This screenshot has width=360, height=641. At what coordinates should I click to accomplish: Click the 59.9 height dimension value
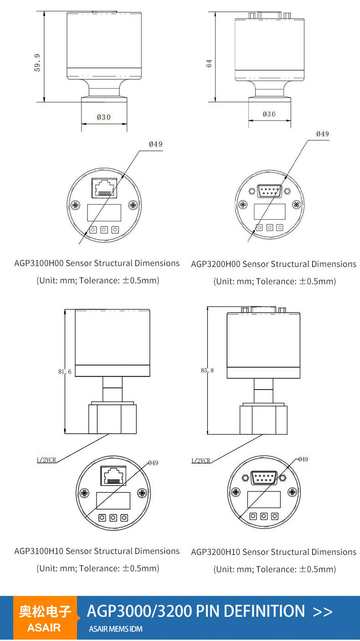click(x=37, y=63)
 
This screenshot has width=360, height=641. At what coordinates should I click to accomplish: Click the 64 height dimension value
click(x=209, y=63)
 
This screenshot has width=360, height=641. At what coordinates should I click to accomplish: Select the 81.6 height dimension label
click(x=65, y=372)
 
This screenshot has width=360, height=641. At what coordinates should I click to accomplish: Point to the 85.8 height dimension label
click(x=207, y=370)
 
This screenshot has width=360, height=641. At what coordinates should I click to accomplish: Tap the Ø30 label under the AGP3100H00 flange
click(x=103, y=118)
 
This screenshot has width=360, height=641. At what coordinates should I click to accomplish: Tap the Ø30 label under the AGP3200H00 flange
click(x=269, y=114)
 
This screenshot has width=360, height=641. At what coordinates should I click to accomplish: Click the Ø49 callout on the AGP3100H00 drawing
click(x=156, y=144)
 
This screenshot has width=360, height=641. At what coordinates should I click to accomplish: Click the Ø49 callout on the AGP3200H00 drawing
click(x=323, y=134)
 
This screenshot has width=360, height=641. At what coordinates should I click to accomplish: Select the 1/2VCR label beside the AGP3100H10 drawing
click(x=46, y=460)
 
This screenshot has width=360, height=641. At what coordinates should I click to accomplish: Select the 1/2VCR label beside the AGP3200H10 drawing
click(x=201, y=461)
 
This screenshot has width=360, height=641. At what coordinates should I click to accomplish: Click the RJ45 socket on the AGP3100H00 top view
click(x=104, y=188)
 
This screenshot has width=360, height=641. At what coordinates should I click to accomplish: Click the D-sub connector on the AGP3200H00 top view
click(x=270, y=191)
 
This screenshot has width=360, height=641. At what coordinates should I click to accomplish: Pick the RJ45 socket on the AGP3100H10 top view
click(x=113, y=476)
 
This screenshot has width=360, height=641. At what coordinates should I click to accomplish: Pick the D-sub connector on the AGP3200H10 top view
click(x=264, y=477)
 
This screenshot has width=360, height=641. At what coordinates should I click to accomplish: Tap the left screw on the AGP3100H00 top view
click(x=76, y=205)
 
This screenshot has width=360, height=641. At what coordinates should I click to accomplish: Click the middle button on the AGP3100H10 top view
click(x=113, y=518)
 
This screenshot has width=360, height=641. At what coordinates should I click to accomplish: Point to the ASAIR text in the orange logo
click(x=44, y=627)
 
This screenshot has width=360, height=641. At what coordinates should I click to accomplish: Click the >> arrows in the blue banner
click(x=323, y=611)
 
